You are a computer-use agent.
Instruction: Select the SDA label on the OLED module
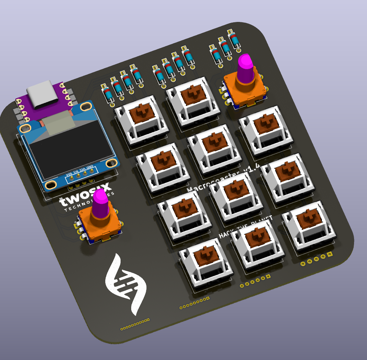coord(69,176)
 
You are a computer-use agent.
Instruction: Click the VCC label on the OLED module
coord(83,171)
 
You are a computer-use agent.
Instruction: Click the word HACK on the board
coord(226,233)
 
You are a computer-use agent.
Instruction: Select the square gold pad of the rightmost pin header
coord(329,254)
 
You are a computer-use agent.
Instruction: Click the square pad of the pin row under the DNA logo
coord(148,320)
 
